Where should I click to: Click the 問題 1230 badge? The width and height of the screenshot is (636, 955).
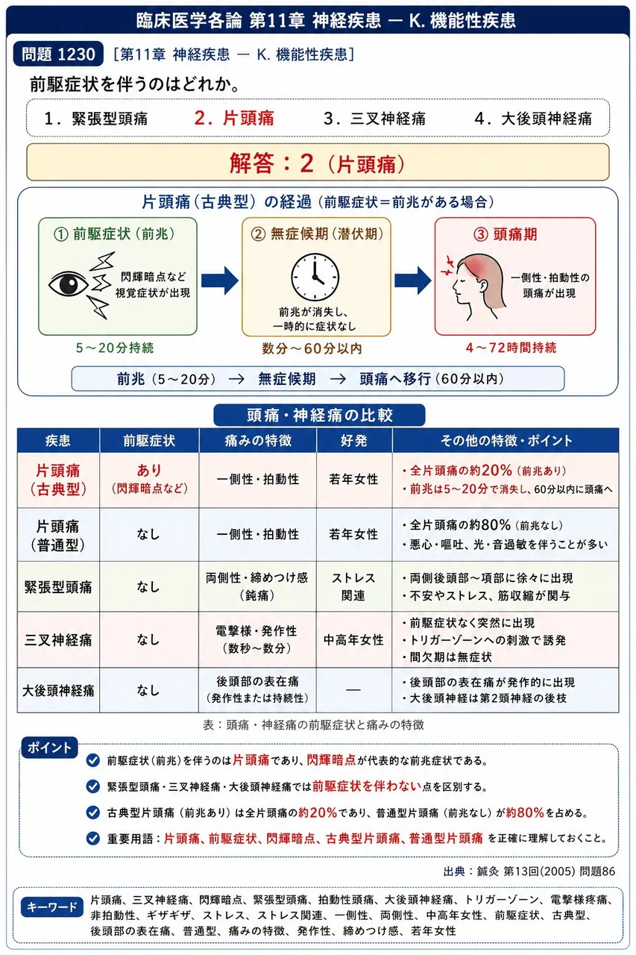click(x=58, y=54)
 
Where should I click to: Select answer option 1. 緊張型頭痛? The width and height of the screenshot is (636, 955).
click(x=96, y=119)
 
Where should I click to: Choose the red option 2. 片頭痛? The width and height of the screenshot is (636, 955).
click(x=234, y=118)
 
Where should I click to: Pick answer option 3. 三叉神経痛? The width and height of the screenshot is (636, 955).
click(x=374, y=119)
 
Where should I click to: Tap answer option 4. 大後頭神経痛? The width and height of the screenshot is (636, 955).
click(x=533, y=119)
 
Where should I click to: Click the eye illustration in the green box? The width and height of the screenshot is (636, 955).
click(x=68, y=284)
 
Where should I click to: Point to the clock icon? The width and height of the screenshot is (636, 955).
click(x=315, y=277)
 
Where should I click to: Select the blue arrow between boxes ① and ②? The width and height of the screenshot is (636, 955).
click(x=219, y=281)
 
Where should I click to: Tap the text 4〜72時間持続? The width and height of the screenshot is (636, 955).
click(x=511, y=348)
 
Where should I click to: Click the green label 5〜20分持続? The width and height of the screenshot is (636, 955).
click(x=115, y=348)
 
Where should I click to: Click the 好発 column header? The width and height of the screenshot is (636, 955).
click(x=353, y=440)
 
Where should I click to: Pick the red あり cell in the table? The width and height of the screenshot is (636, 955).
click(x=149, y=470)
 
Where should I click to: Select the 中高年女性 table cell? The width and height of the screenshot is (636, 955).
click(x=353, y=639)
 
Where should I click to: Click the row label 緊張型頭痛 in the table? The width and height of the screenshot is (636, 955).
click(x=58, y=587)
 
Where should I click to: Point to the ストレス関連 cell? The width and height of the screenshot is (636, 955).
click(x=353, y=586)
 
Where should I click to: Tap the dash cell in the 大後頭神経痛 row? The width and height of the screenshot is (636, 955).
click(x=353, y=689)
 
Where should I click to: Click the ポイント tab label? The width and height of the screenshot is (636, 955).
click(x=49, y=748)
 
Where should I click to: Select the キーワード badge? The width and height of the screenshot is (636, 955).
click(x=52, y=907)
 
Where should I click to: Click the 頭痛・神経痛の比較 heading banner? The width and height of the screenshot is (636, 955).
click(x=319, y=416)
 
